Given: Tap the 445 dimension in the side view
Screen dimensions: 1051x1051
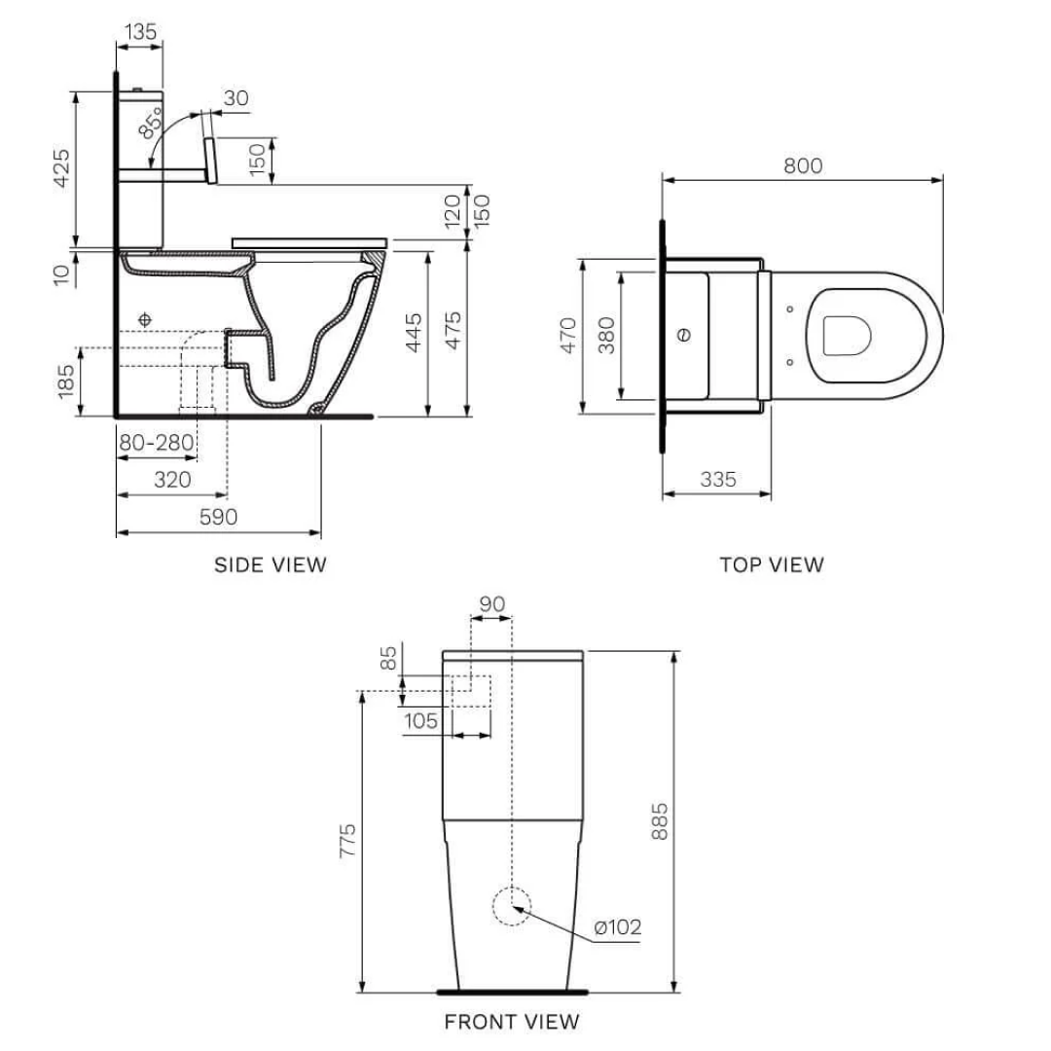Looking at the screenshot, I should pos(414,332).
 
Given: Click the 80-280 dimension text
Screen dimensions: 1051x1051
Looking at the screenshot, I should pos(156,444).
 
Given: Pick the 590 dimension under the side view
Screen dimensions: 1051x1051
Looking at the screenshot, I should pos(218,517).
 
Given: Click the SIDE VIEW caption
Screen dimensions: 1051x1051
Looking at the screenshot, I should pos(271,564).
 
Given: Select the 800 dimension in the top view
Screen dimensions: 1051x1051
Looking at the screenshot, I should pos(803,165).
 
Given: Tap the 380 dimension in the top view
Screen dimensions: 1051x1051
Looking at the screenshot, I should pos(606,336).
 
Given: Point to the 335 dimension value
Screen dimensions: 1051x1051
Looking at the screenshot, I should pos(717,479).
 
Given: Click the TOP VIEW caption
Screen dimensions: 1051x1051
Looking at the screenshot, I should pos(771,564).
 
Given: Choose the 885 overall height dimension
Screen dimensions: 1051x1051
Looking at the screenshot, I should pos(660,822).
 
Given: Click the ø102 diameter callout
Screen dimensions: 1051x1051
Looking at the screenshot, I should pos(618,927).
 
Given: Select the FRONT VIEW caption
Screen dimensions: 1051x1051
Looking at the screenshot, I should pos(511,1022).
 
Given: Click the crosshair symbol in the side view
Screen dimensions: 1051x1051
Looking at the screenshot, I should pos(145,319).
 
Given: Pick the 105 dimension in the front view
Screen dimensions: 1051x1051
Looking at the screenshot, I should pos(419,720).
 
